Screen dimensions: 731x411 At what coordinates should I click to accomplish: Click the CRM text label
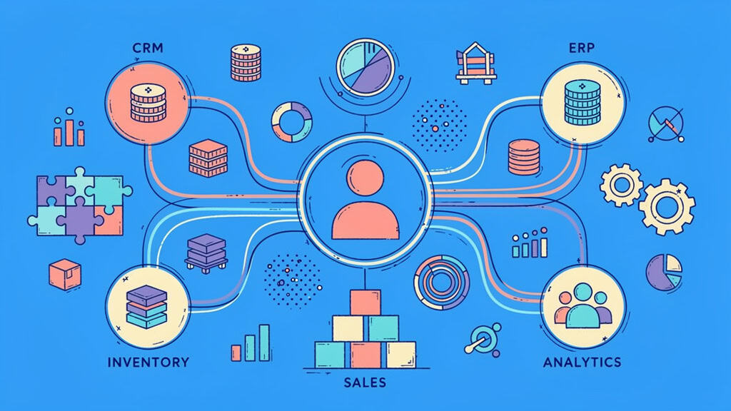[x=148, y=48]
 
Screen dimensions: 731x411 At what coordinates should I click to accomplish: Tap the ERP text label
[x=582, y=48]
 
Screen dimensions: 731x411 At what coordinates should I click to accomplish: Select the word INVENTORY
[x=148, y=362]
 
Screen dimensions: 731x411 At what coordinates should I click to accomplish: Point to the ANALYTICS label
[x=583, y=362]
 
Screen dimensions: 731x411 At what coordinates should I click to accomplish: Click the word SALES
[x=365, y=383]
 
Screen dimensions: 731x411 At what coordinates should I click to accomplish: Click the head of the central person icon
[x=365, y=178]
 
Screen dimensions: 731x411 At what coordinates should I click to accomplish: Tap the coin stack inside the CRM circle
[x=148, y=103]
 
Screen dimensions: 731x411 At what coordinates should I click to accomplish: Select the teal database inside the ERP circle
[x=582, y=103]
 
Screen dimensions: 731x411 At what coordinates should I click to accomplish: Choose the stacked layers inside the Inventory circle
[x=147, y=307]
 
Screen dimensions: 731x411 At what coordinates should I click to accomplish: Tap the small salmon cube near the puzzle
[x=65, y=275]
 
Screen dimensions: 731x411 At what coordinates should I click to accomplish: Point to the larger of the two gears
[x=667, y=206]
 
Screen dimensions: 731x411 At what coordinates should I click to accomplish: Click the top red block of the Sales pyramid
[x=365, y=303]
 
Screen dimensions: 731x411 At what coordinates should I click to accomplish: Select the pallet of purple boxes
[x=206, y=253]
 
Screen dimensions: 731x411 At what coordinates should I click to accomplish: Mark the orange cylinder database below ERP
[x=523, y=157]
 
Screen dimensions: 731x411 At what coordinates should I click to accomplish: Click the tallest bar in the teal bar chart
[x=264, y=342]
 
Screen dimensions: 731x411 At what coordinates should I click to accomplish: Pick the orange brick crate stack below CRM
[x=208, y=158]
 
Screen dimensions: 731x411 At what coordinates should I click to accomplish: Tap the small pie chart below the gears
[x=664, y=272]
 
